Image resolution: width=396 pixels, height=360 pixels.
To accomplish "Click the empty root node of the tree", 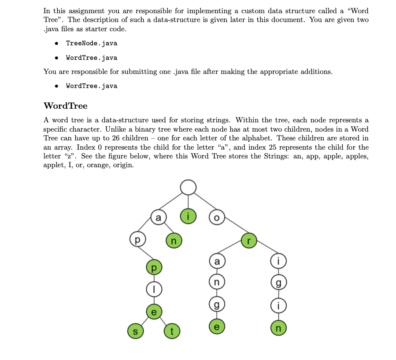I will tap(188, 187).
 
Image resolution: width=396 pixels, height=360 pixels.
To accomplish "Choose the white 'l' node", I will tap(153, 289).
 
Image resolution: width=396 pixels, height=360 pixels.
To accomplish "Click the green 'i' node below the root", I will tap(188, 217).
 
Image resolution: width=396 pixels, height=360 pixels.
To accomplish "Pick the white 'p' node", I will tap(137, 241).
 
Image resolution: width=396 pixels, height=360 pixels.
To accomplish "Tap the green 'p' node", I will tap(153, 267).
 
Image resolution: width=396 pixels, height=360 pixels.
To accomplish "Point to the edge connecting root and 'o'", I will tap(203, 203).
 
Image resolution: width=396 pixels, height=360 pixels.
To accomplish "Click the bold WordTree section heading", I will tap(66, 106).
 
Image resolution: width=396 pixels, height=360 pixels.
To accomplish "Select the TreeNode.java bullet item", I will tap(92, 43).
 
